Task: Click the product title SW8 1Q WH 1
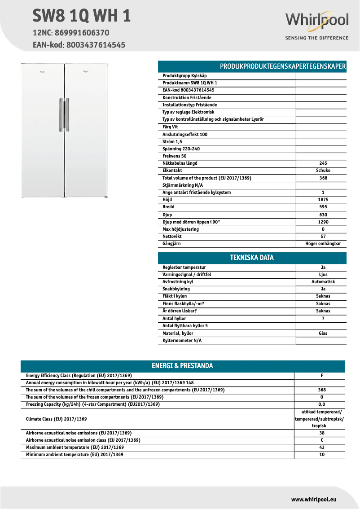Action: pyautogui.click(x=82, y=16)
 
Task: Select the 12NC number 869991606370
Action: pyautogui.click(x=82, y=33)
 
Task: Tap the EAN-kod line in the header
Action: pyautogui.click(x=79, y=45)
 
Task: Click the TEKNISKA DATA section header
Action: pyautogui.click(x=252, y=258)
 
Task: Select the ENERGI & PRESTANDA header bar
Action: pyautogui.click(x=182, y=366)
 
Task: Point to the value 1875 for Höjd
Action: pyautogui.click(x=323, y=200)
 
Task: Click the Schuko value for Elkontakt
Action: pyautogui.click(x=323, y=171)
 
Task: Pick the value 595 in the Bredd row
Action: pyautogui.click(x=323, y=207)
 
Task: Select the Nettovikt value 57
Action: pyautogui.click(x=323, y=237)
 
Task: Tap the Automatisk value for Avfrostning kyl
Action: pyautogui.click(x=323, y=282)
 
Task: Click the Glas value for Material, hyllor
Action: pyautogui.click(x=323, y=333)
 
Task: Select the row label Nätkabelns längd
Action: pyautogui.click(x=180, y=163)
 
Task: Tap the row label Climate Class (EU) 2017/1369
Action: pyautogui.click(x=56, y=419)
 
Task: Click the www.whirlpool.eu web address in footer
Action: pyautogui.click(x=314, y=499)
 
